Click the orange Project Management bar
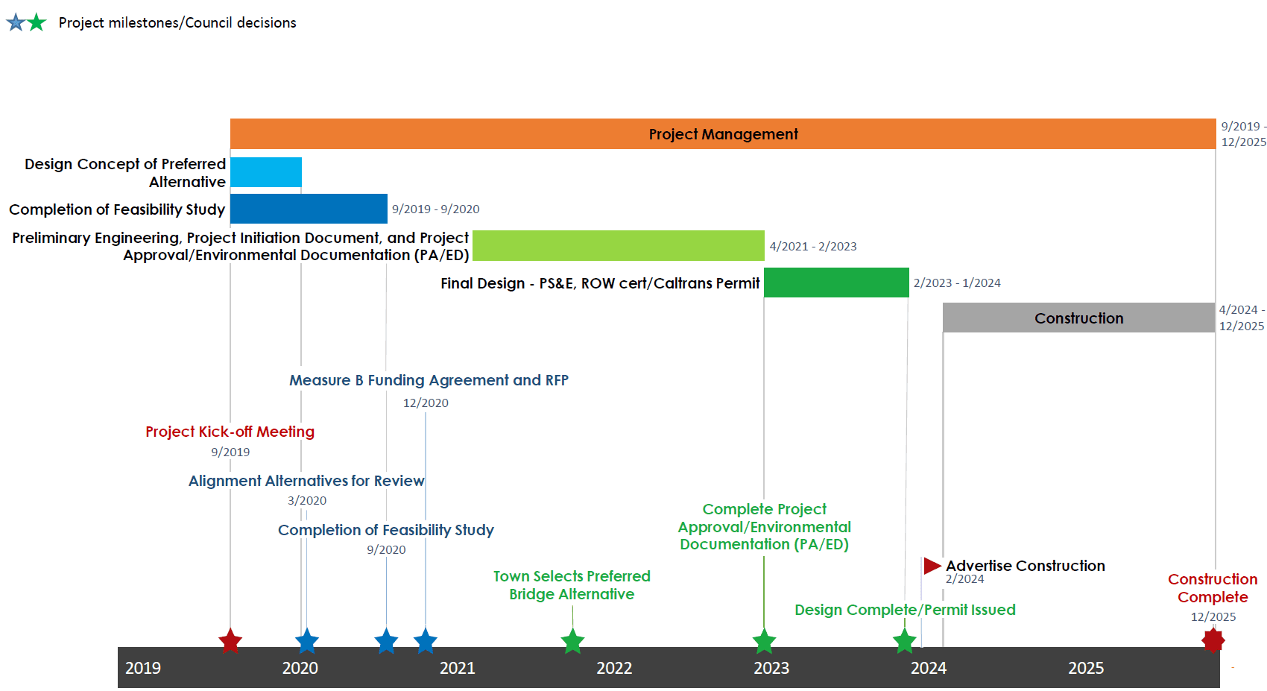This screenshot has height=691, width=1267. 723,134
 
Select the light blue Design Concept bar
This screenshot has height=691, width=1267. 266,172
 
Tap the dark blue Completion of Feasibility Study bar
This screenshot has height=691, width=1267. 309,209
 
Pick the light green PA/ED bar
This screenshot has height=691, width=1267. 619,246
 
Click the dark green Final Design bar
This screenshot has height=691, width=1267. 836,283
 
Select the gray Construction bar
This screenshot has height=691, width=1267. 1078,318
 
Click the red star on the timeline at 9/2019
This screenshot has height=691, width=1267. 230,641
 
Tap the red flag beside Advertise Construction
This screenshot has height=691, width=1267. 932,566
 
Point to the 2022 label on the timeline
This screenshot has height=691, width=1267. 614,668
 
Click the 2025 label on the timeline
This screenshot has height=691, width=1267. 1086,668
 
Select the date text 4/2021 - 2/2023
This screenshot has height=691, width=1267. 813,246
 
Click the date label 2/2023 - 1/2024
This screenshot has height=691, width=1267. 957,283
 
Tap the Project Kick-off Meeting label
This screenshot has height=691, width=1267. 230,432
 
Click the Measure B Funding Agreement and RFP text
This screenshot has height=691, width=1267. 429,380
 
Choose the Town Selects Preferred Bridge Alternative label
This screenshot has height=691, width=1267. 572,585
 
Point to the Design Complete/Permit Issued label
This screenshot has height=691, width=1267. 905,610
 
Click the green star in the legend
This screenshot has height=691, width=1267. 37,22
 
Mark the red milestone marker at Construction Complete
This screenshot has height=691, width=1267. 1213,640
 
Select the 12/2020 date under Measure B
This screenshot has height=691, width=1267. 426,403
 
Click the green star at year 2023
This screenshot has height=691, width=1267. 764,641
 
